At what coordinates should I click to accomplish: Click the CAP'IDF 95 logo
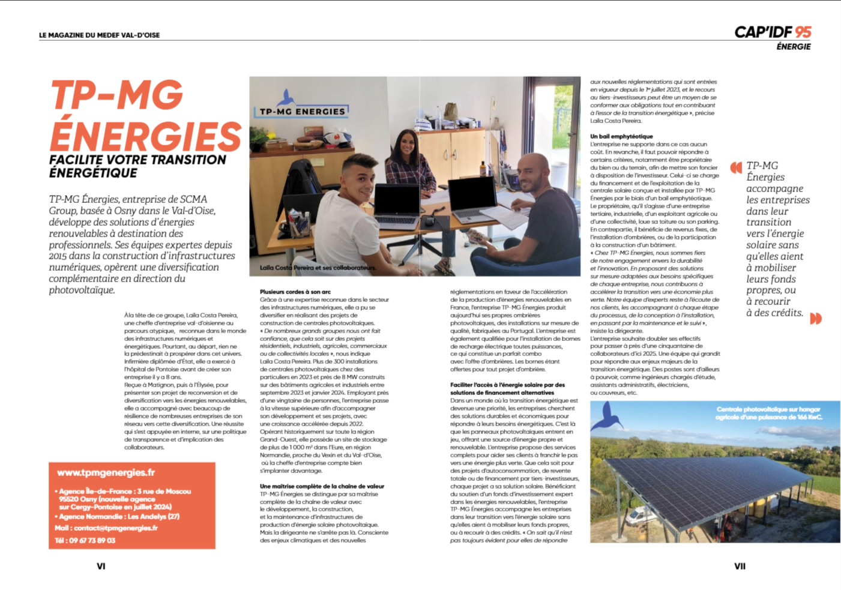[x=773, y=32]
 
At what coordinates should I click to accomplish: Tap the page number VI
[x=101, y=566]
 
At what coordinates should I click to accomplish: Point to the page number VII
[x=740, y=566]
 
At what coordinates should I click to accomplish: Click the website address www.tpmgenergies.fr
[x=106, y=473]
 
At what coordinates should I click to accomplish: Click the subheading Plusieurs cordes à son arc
[x=295, y=292]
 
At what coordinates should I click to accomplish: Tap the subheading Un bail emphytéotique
[x=621, y=136]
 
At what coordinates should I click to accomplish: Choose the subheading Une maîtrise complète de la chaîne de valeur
[x=322, y=486]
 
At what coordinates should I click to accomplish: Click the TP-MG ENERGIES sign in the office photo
[x=303, y=111]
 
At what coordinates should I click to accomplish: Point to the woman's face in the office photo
[x=408, y=143]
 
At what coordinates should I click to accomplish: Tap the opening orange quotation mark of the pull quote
[x=735, y=167]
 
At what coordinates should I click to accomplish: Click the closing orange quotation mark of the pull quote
[x=816, y=318]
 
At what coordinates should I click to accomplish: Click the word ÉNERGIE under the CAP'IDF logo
[x=793, y=47]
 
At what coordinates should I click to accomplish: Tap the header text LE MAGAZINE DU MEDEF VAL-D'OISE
[x=99, y=35]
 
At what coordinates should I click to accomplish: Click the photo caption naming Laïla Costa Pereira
[x=318, y=268]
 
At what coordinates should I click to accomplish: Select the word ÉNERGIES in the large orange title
[x=145, y=136]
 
